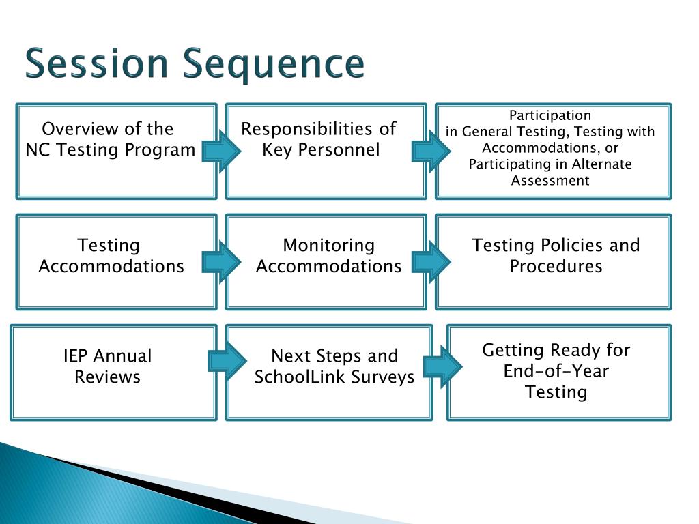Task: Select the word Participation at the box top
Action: pos(550,115)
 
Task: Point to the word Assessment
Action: pos(550,181)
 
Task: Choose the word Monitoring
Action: pos(329,245)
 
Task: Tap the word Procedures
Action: pos(556,266)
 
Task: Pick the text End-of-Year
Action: pos(556,371)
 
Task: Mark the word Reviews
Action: pos(107,377)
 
